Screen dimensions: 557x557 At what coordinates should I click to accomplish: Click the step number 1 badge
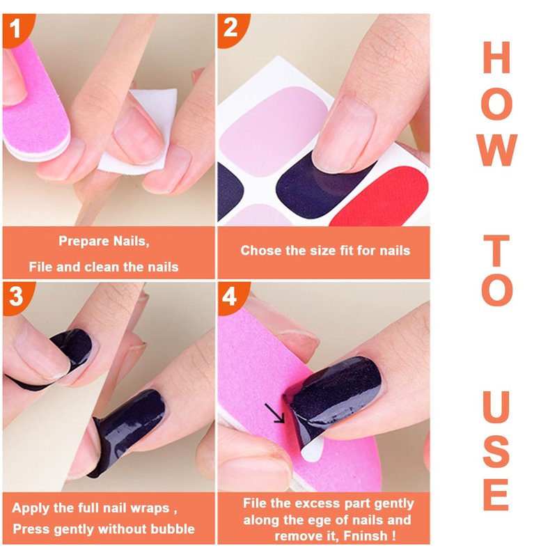16,29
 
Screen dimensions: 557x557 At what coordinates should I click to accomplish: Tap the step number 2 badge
231,29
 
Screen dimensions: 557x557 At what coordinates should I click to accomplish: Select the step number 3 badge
16,297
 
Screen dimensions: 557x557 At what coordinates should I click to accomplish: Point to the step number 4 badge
231,297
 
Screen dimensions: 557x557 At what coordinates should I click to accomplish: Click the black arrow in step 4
274,413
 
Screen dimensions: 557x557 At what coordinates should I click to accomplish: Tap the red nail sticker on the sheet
384,197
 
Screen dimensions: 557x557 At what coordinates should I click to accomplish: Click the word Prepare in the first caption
84,242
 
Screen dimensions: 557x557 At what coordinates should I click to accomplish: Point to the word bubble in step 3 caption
173,529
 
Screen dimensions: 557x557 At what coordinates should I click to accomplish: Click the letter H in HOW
496,57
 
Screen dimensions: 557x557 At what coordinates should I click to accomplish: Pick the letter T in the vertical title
496,251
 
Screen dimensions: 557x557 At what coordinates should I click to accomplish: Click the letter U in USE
496,406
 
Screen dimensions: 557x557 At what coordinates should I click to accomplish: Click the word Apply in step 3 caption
30,508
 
